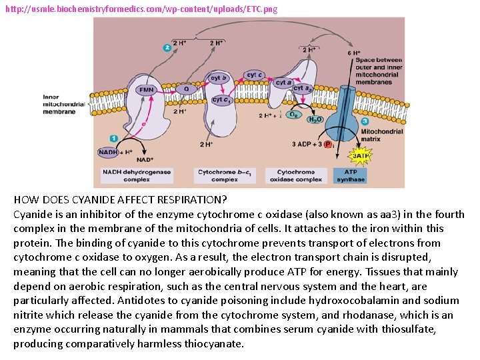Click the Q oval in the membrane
(186, 89)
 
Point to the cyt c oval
(255, 75)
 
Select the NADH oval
(107, 152)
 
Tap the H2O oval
(314, 119)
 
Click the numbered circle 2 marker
(167, 47)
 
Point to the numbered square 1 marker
(114, 138)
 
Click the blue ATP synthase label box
(351, 175)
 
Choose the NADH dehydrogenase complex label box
(136, 175)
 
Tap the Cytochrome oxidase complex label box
(295, 175)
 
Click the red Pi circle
(328, 144)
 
